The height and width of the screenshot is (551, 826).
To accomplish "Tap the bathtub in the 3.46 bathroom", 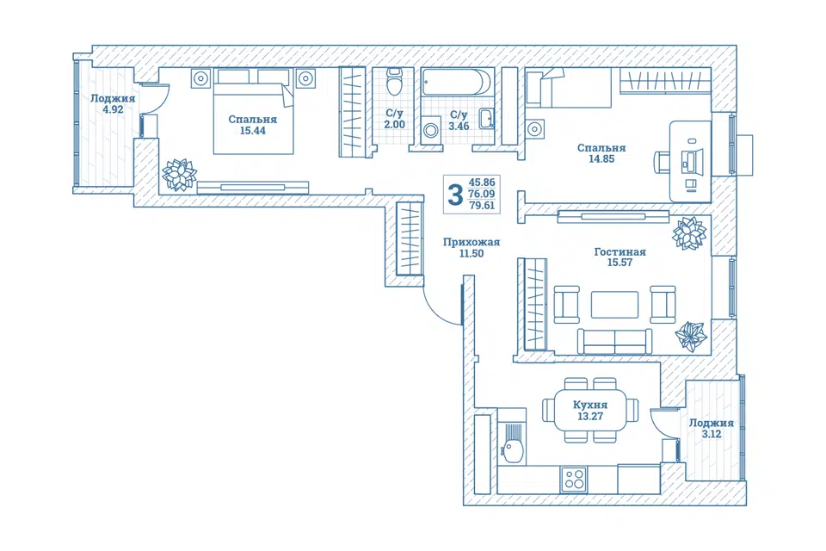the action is (457, 83).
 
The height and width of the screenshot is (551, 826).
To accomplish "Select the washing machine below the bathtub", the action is (431, 129).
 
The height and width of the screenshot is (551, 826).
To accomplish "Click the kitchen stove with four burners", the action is (574, 480).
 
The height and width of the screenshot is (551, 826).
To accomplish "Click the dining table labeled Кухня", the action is (590, 410).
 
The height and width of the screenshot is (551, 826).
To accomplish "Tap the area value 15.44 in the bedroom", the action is (253, 131).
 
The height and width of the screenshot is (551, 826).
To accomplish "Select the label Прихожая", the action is (471, 242).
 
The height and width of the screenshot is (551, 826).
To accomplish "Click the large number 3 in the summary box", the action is (454, 195).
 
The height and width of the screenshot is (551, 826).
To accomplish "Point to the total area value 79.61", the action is (482, 206).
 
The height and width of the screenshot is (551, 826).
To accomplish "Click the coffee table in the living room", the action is (614, 305).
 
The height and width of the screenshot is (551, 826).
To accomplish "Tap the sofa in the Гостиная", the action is (614, 342).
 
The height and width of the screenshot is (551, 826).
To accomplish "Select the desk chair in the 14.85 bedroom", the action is (663, 162).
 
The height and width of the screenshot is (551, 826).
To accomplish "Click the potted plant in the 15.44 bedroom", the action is (179, 174).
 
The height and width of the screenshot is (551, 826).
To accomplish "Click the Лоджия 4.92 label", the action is (113, 104).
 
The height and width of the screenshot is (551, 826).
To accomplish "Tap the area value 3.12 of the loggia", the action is (712, 435).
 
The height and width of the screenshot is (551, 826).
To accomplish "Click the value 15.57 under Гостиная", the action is (620, 263).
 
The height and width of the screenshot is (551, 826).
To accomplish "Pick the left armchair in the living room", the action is (566, 304).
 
